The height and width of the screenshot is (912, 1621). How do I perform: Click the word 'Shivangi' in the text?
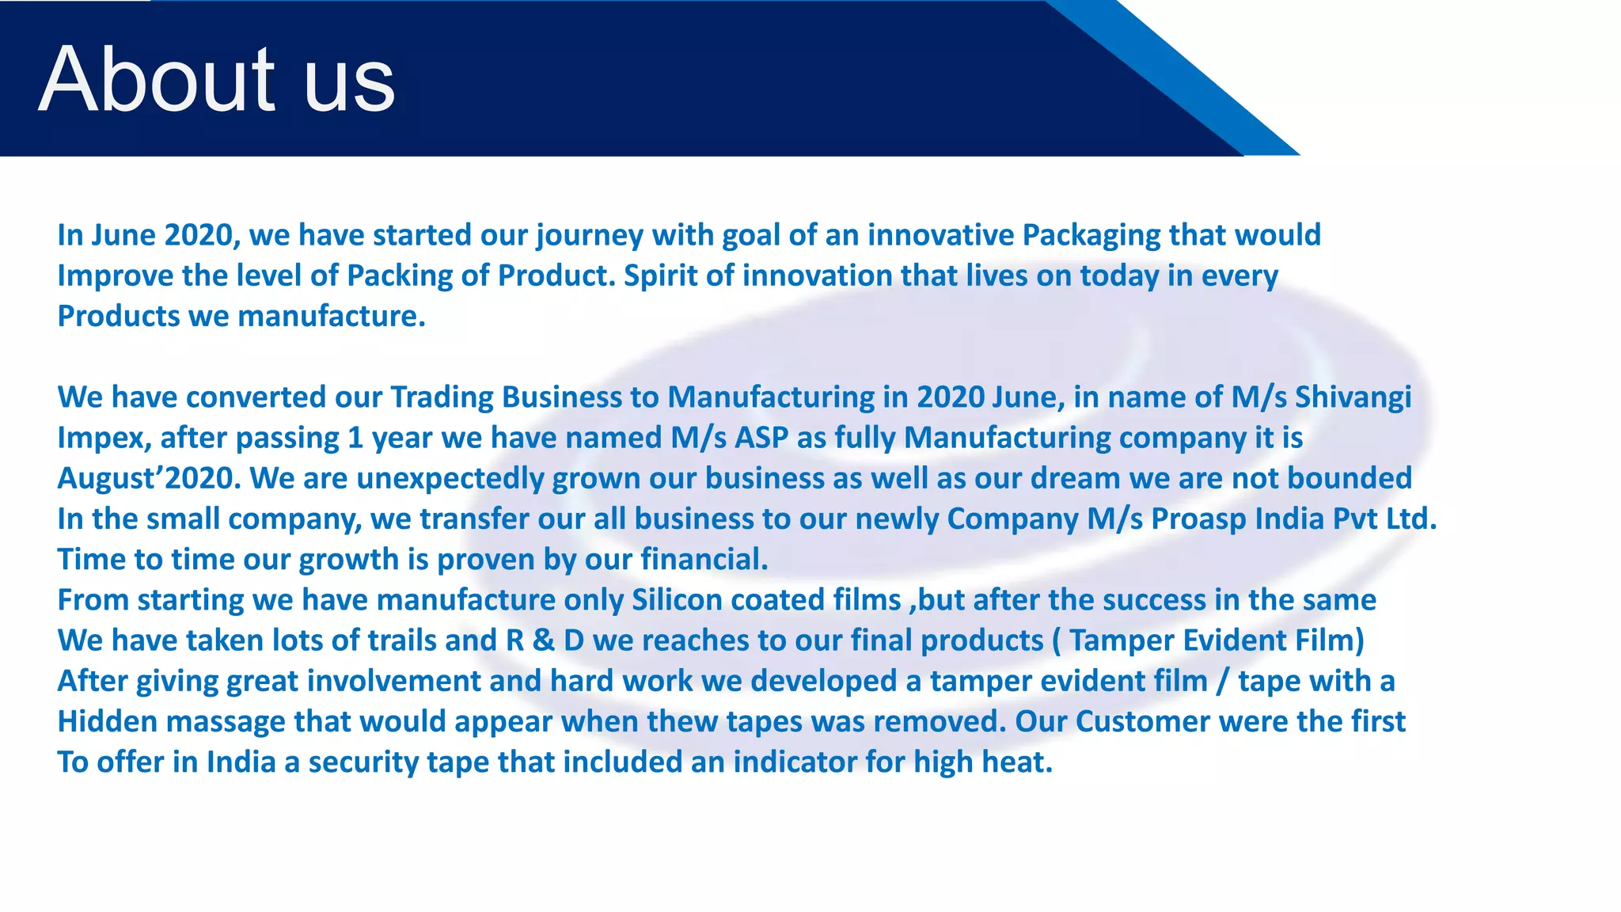(1353, 397)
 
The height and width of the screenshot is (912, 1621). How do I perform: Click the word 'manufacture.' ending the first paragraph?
(332, 317)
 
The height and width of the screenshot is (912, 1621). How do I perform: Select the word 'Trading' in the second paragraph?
(442, 397)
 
